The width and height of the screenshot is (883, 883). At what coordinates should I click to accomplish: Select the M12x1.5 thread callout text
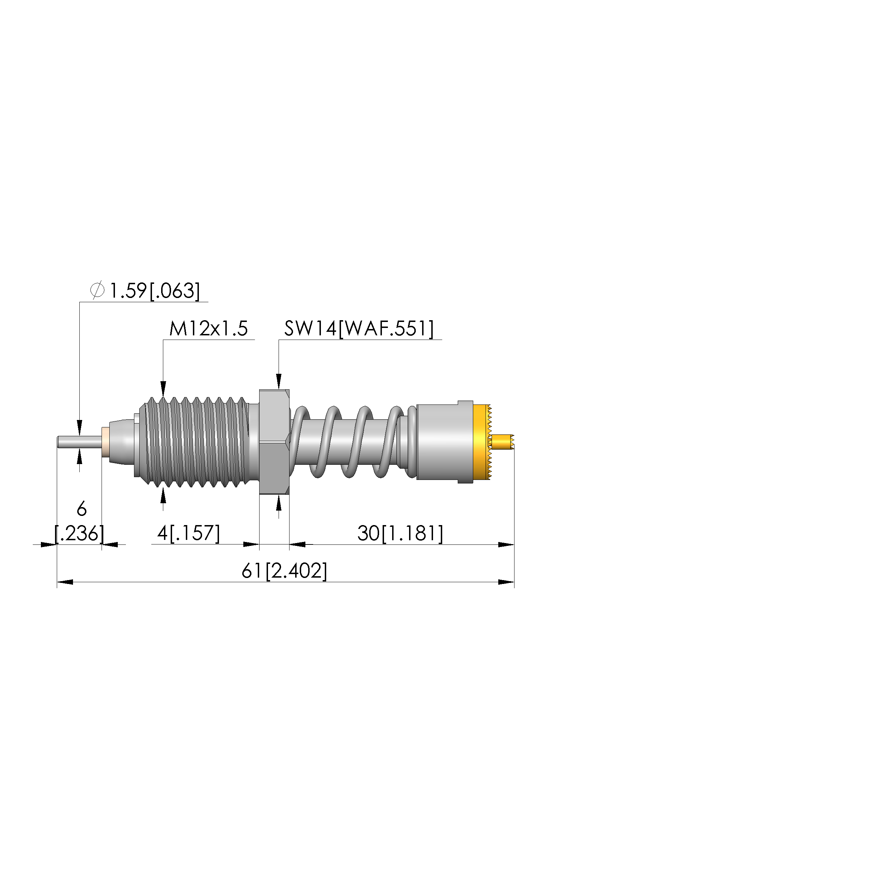208,329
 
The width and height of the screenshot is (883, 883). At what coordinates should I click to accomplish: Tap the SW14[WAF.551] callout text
359,329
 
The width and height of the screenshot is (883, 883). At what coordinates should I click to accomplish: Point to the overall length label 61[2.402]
284,571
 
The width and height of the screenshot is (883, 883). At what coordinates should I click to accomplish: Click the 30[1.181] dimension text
400,534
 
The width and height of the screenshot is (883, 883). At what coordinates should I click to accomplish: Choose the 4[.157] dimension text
188,534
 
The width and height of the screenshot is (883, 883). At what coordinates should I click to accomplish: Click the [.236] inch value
80,534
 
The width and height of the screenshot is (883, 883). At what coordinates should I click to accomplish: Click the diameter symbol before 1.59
97,291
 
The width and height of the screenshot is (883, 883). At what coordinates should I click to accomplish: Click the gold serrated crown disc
481,442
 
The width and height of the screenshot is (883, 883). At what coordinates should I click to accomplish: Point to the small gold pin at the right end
503,442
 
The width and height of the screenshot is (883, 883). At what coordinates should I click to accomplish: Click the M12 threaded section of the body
196,442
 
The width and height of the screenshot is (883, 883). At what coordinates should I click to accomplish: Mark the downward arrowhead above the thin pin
80,428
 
